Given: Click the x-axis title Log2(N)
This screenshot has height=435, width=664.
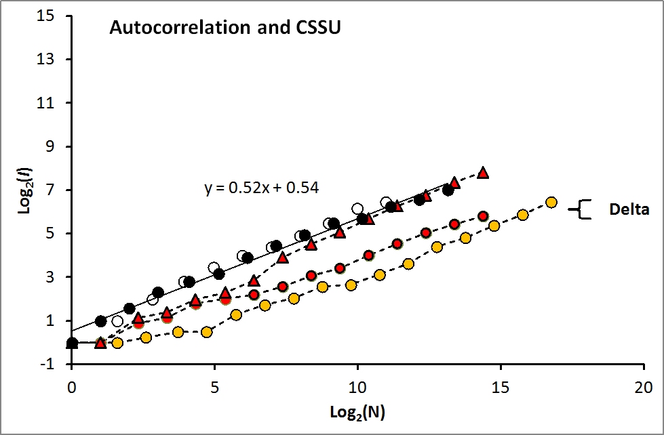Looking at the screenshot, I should click(x=357, y=411).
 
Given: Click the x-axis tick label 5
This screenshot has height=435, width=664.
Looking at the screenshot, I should click(x=214, y=388).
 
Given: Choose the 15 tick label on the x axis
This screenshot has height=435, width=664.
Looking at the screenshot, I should click(x=501, y=388).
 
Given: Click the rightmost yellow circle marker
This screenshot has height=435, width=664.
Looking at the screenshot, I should click(x=551, y=202).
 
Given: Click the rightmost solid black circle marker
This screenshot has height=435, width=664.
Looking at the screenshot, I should click(x=448, y=190).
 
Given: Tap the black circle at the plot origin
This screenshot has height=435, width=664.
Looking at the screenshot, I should click(x=72, y=343).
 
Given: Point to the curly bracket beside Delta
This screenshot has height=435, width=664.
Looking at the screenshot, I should click(x=581, y=209).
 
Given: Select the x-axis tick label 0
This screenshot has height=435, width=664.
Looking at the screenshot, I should click(x=71, y=388).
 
